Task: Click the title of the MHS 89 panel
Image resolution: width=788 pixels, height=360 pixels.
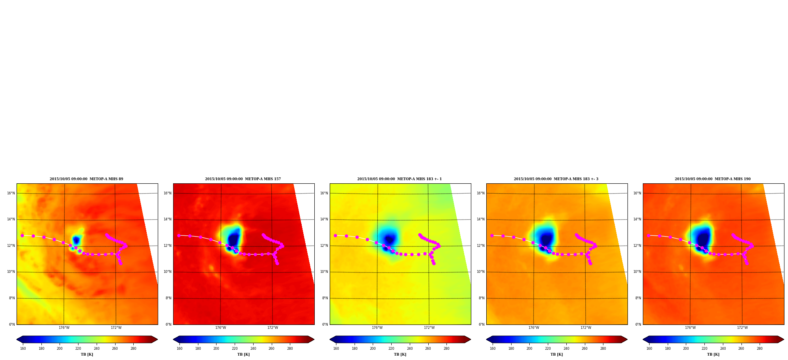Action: [x=86, y=179]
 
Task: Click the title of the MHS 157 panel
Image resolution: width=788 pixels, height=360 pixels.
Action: [x=243, y=179]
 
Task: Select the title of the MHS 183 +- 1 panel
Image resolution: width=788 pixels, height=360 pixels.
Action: [x=400, y=179]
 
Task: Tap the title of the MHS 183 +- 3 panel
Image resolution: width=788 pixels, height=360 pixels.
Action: [x=556, y=179]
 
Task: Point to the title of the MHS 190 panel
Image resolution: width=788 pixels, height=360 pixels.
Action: [x=713, y=179]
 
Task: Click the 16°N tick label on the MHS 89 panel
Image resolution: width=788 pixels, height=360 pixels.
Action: [x=11, y=193]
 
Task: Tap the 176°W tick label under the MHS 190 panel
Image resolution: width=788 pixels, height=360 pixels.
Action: [x=690, y=328]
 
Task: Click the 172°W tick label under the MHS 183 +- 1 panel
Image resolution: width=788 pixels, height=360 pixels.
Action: [x=429, y=328]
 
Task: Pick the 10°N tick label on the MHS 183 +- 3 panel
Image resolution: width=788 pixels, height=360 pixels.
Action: [x=481, y=272]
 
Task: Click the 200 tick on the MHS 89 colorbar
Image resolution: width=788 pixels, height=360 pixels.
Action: [x=60, y=349]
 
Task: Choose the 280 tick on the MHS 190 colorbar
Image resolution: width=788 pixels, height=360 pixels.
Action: [x=760, y=349]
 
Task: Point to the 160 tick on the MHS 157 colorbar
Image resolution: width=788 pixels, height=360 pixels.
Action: [x=179, y=349]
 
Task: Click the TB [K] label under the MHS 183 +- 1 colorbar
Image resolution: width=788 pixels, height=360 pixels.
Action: [x=400, y=354]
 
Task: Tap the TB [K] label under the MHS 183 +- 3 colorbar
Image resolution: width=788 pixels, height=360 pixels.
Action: [x=556, y=354]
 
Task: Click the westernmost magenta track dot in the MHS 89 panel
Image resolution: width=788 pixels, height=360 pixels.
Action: [x=22, y=235]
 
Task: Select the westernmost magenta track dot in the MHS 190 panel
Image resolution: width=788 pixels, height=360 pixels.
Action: [x=648, y=235]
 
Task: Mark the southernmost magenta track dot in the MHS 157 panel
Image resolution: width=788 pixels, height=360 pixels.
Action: [x=277, y=263]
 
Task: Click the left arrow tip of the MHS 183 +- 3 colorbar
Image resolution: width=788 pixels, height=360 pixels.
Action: [x=486, y=339]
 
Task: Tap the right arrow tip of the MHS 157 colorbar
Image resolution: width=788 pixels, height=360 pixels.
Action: [x=314, y=339]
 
